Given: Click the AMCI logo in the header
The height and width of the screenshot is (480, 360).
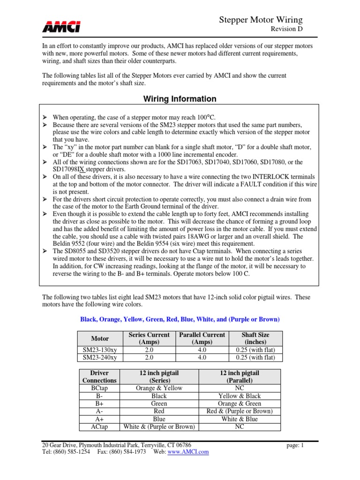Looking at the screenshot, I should tap(61, 27).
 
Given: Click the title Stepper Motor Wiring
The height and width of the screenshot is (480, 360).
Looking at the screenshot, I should tap(261, 20).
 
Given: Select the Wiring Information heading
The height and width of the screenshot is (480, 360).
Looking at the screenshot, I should tap(180, 99).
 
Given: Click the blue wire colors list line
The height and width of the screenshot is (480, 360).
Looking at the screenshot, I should tap(180, 319).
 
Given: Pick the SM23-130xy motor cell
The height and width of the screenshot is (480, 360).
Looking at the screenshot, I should tap(100, 350).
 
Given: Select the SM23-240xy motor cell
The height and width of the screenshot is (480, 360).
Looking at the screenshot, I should tap(100, 357).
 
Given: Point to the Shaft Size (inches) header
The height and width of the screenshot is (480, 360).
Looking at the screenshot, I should tap(255, 338).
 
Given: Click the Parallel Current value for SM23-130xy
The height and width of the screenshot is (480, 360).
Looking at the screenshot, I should tap(202, 350).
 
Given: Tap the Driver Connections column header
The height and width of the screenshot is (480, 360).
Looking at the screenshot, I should tap(99, 376).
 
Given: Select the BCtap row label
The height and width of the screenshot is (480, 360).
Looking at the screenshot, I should tap(99, 388).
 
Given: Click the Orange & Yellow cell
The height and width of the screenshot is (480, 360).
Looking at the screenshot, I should tap(159, 388).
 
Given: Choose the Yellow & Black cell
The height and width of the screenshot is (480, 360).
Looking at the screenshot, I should tap(240, 396).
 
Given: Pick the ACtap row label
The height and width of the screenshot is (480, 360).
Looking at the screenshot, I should tap(99, 427).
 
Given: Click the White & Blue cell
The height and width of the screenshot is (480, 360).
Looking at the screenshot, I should tap(240, 419).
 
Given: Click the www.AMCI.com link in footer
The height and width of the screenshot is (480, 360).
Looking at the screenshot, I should tap(188, 452).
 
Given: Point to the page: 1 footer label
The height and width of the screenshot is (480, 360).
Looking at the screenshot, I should tap(295, 445).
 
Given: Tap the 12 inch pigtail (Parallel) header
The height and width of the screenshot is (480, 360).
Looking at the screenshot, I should tap(240, 376).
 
